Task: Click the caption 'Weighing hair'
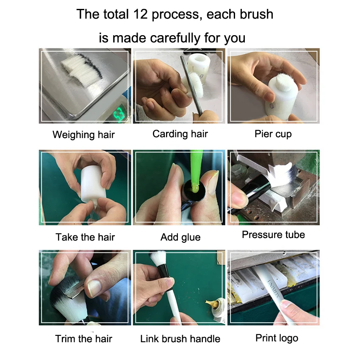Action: [x=83, y=135]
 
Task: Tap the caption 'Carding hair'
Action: [x=180, y=133]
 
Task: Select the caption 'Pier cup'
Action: [x=273, y=134]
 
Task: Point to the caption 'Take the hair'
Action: [x=85, y=237]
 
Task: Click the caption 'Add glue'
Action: [x=180, y=237]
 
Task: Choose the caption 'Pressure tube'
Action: [x=274, y=234]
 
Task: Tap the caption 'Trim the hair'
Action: [x=83, y=339]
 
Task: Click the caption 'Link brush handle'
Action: [x=180, y=339]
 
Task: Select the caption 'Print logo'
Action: [x=277, y=338]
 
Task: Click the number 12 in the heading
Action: [x=140, y=14]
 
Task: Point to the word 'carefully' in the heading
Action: [x=175, y=38]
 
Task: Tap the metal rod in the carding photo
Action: [x=191, y=85]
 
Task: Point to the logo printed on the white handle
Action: [x=273, y=288]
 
